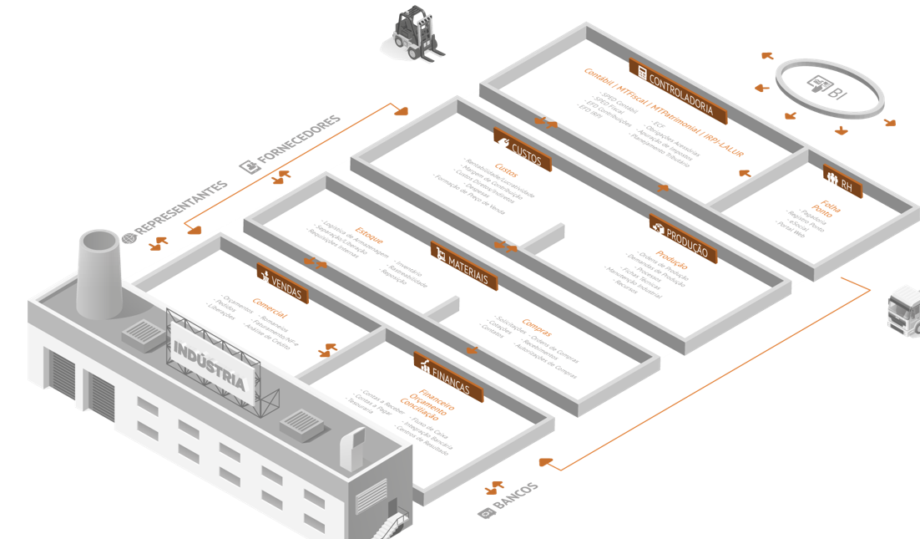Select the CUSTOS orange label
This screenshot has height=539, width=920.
point(522,150)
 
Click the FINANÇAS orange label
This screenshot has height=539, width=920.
point(447,376)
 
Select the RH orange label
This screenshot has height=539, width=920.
point(842,181)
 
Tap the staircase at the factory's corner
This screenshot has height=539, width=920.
point(390,523)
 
